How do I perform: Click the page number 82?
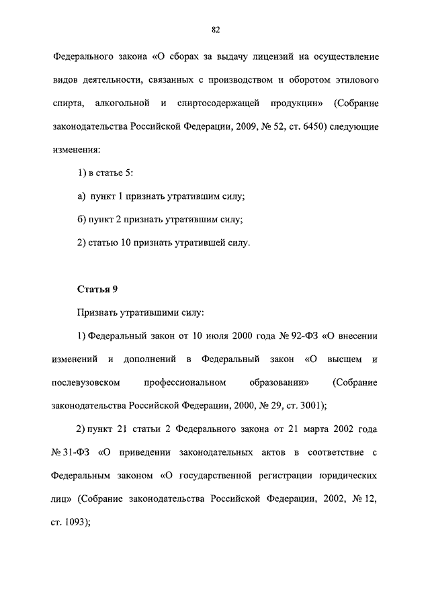(216, 29)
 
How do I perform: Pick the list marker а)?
(81, 196)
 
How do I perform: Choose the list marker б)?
(81, 220)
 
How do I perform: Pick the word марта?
(301, 429)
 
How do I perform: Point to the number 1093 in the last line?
(75, 521)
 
